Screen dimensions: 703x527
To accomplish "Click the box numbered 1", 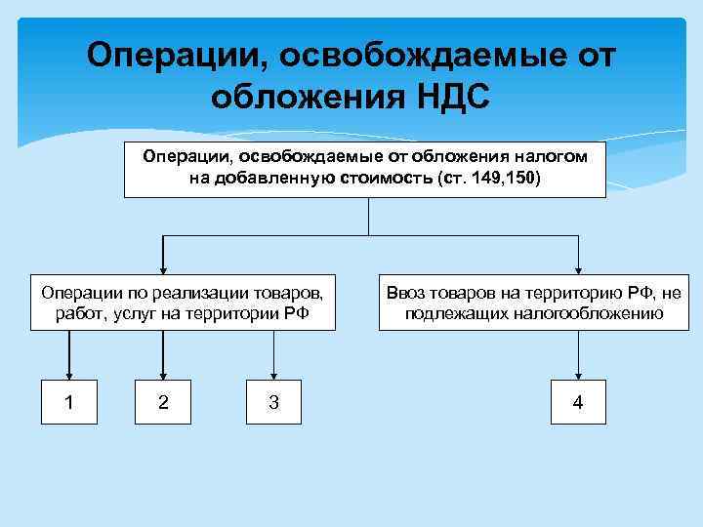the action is (69, 401).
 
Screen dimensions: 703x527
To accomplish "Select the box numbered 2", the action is (162, 401).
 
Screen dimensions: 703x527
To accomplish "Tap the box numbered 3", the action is (272, 401).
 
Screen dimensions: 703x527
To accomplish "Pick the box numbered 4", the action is (578, 401).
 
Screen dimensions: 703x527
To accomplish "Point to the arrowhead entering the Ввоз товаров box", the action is (578, 263).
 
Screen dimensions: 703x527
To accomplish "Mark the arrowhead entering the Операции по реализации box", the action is (162, 263).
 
